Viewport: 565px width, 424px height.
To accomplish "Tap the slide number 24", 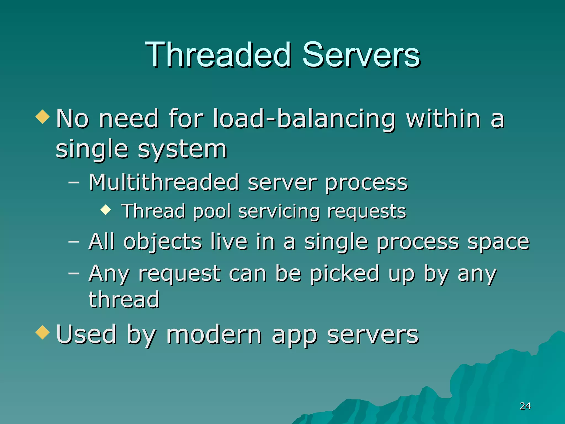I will click(525, 406).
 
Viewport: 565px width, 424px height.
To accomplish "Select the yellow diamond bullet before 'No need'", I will click(42, 116).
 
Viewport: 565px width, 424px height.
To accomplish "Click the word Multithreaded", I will click(164, 182).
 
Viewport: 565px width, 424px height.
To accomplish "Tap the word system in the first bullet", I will click(182, 149).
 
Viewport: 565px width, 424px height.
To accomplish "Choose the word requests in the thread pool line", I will click(367, 212).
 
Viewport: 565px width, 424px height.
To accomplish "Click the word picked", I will click(345, 274).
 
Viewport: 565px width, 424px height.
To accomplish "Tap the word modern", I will click(214, 335).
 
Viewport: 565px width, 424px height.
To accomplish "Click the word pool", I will click(212, 212).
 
